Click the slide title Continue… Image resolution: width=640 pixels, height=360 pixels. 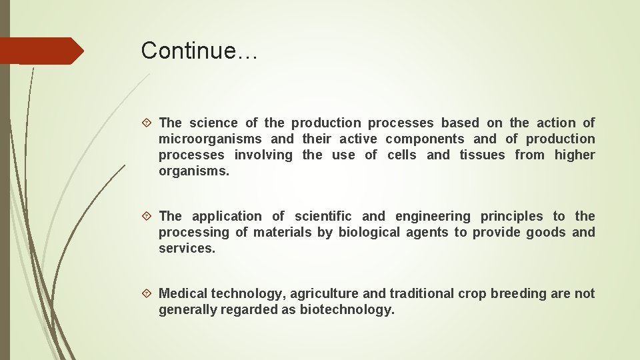(x=199, y=51)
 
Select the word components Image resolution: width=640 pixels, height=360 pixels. (x=425, y=139)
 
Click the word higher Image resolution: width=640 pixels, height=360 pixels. (x=575, y=155)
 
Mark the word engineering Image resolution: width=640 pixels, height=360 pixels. (x=433, y=216)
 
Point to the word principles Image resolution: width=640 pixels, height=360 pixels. (x=512, y=216)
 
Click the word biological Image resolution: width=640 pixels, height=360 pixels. (x=369, y=232)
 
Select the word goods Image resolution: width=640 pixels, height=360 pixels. (x=545, y=232)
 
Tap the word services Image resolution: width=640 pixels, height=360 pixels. (x=186, y=248)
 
